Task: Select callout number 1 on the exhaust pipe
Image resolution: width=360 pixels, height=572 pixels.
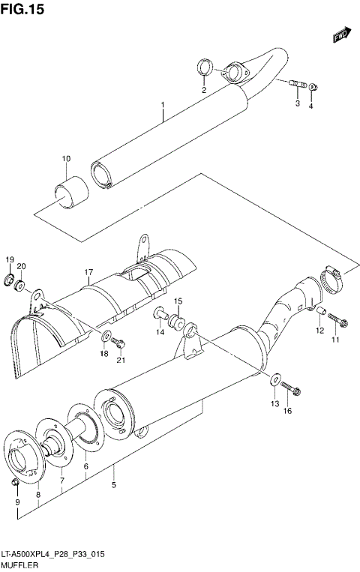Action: coord(161,107)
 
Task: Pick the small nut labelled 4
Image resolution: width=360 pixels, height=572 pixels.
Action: coord(313,87)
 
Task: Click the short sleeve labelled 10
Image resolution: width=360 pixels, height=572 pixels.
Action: coord(69,190)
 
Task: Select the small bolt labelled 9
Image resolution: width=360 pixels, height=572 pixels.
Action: coord(16,481)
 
